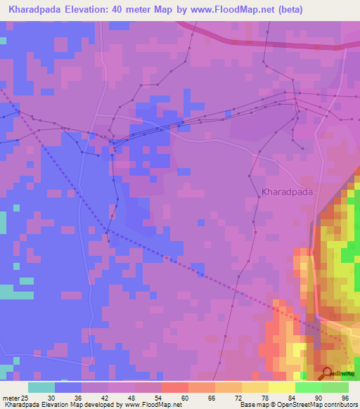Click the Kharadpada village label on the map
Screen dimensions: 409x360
tap(288, 190)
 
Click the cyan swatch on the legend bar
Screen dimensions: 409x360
tap(41, 387)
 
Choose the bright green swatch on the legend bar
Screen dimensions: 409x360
tap(308, 387)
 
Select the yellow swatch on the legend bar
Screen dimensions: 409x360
tap(281, 387)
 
